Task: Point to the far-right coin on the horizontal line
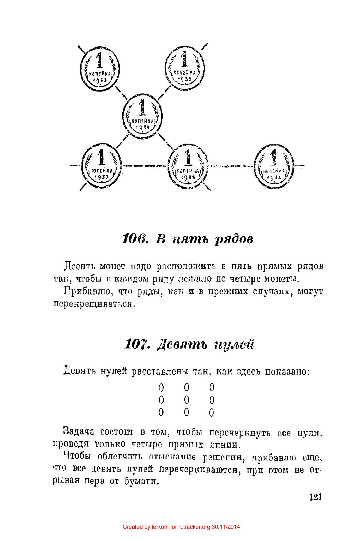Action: tap(274, 165)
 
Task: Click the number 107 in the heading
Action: tap(137, 344)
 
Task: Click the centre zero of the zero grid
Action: tap(186, 400)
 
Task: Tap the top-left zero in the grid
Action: tap(161, 387)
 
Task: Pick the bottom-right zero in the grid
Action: tap(212, 412)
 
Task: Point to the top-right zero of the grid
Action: tap(212, 387)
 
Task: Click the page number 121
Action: tap(315, 497)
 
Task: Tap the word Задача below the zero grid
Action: tap(79, 431)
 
